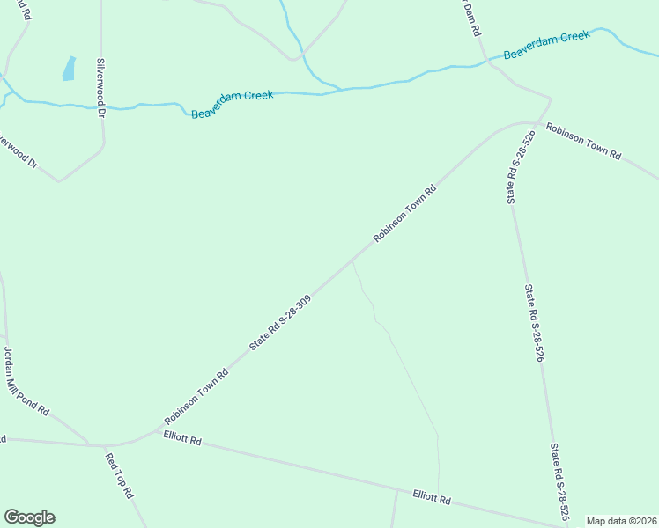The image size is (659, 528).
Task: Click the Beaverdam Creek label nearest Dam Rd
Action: (546, 47)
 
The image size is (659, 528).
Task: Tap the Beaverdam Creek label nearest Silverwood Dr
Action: (233, 103)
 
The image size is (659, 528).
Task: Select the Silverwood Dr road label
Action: (101, 88)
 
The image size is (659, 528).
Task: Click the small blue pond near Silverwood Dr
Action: (69, 69)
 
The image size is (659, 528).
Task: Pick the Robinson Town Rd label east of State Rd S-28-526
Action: (583, 141)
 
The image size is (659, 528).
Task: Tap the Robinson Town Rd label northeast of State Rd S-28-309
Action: (405, 213)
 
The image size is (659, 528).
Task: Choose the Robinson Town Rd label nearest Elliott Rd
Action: (196, 397)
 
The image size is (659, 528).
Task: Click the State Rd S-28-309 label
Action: (280, 323)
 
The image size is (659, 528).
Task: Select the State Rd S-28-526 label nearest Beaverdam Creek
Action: (521, 167)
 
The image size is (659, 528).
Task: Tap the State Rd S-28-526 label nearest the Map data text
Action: (559, 481)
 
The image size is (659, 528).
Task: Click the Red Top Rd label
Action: (118, 476)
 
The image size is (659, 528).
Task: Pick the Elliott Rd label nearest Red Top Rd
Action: (182, 438)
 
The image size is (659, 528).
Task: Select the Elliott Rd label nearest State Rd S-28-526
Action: (432, 497)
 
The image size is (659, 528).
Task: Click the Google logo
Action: (29, 517)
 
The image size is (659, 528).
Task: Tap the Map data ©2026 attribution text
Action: (620, 521)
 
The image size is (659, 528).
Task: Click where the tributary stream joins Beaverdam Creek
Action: (341, 89)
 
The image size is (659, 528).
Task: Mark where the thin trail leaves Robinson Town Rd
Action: (352, 261)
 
